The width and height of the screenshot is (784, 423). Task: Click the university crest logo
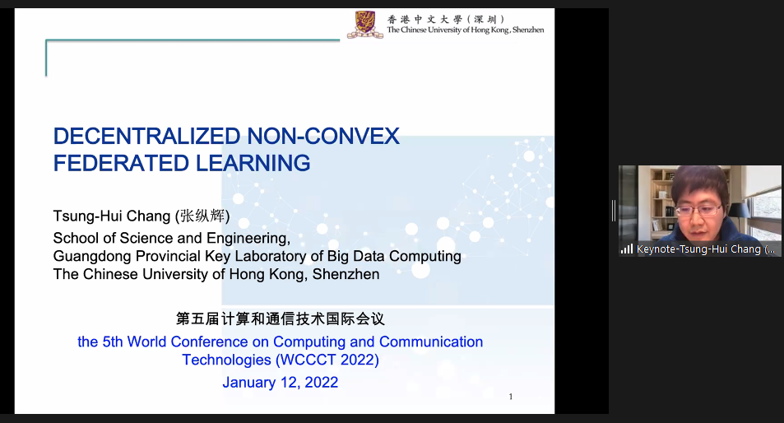point(365,25)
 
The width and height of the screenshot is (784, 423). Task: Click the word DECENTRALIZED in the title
point(147,136)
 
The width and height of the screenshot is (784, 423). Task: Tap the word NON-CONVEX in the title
point(323,136)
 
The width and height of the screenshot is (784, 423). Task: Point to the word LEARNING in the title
point(253,163)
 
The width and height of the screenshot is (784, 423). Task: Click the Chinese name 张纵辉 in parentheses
point(202,216)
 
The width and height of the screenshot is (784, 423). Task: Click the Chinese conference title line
point(281,318)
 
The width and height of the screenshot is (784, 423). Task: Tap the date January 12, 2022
point(281,383)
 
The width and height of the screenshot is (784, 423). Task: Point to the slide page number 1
point(511,397)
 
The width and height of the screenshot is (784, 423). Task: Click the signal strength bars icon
point(627,249)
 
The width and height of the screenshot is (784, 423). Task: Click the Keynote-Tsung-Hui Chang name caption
point(706,249)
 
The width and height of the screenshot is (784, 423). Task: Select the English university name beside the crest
point(466,30)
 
